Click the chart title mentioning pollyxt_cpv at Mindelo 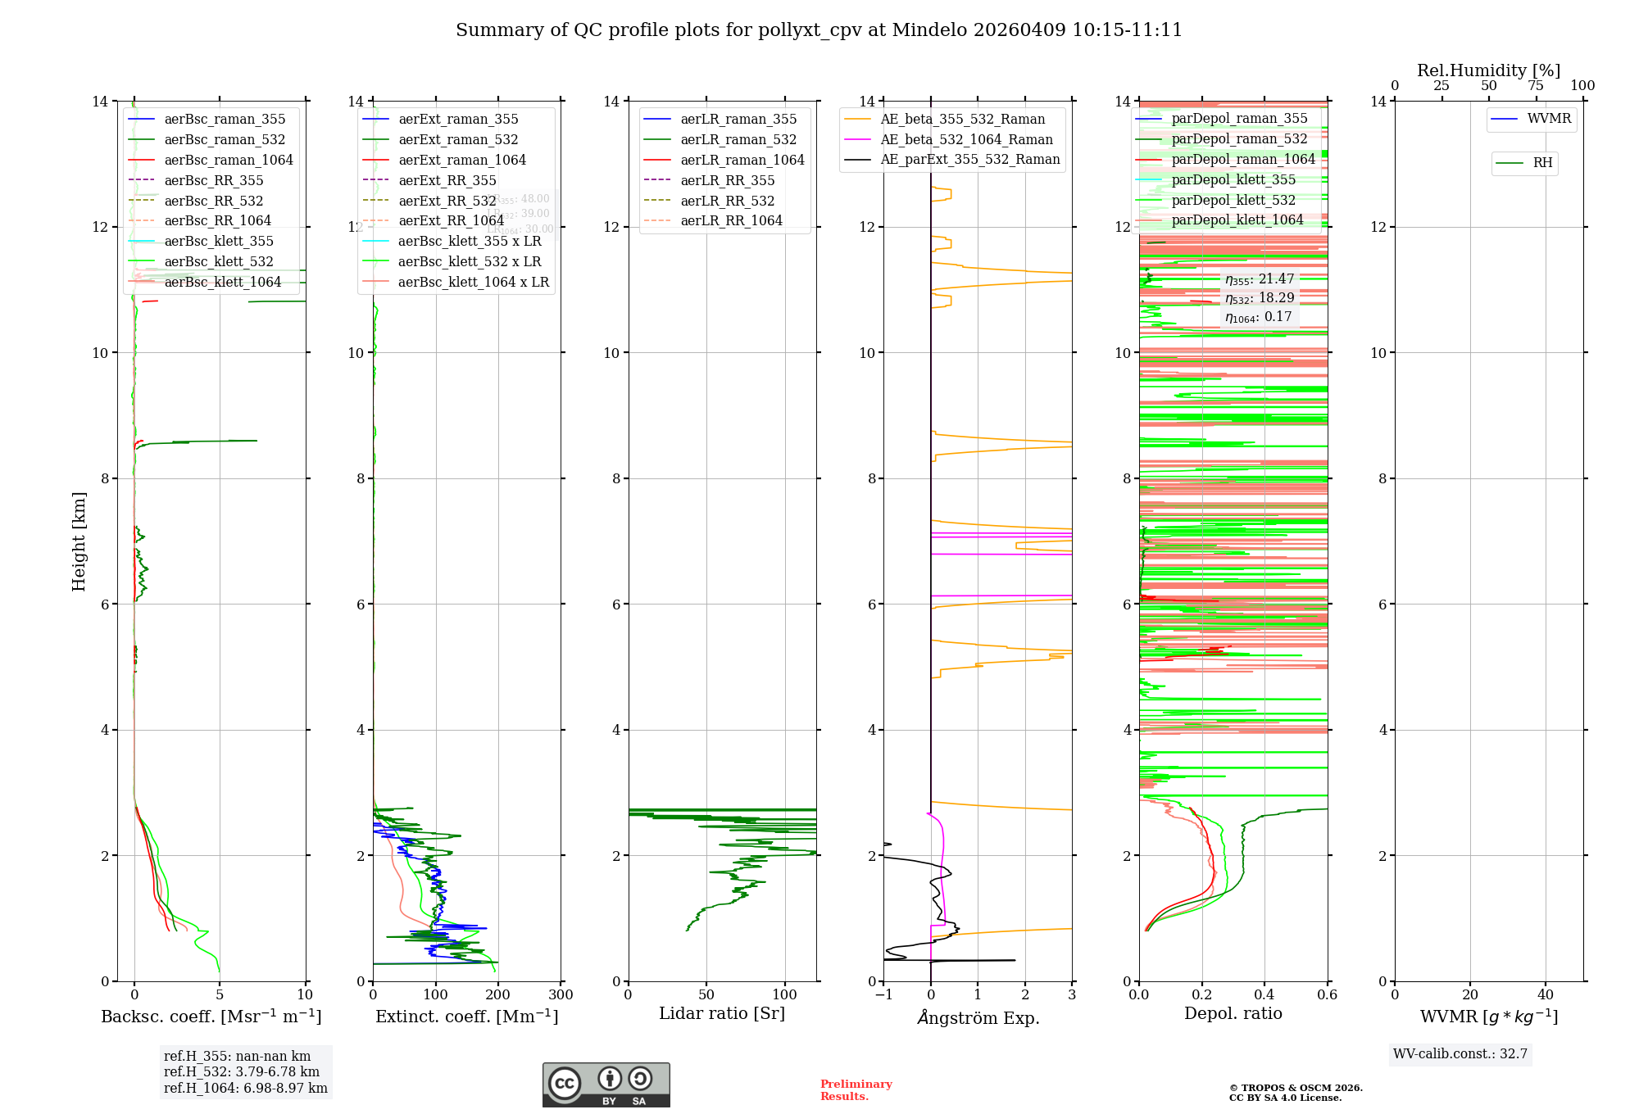[x=819, y=30]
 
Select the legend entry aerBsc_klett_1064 [x=222, y=282]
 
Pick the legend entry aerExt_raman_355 [x=458, y=120]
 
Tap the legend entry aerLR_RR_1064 [x=731, y=220]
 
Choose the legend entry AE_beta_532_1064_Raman [x=966, y=139]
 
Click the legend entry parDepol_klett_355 [x=1233, y=179]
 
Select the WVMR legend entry [x=1549, y=119]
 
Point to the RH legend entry [x=1542, y=163]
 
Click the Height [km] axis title [x=79, y=541]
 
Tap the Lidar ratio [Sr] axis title [x=722, y=1014]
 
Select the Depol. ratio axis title [x=1233, y=1014]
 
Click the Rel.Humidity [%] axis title [x=1488, y=70]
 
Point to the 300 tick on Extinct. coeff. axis [x=561, y=995]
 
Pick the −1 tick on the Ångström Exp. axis [x=883, y=995]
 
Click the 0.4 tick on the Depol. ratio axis [x=1264, y=995]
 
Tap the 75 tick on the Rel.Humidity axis [x=1536, y=85]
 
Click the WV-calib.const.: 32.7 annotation [x=1460, y=1054]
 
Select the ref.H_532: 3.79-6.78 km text [x=242, y=1072]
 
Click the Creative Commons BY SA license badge [x=606, y=1085]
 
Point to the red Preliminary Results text [x=856, y=1090]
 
